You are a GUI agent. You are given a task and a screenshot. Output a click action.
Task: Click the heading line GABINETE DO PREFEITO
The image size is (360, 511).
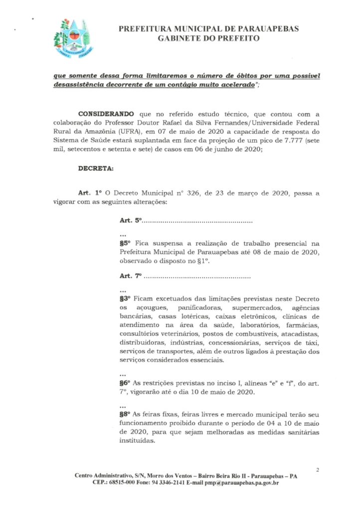point(208,38)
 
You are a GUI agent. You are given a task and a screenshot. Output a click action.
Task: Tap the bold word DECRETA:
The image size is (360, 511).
point(96,168)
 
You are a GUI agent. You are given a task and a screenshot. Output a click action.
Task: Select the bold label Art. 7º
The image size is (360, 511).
point(131,276)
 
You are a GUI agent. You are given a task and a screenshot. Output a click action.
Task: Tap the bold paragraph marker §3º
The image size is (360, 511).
point(125,298)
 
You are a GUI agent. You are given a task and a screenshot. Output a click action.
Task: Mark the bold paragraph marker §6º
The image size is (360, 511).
point(125,383)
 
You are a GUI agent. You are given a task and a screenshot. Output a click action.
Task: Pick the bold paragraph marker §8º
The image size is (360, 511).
point(125,414)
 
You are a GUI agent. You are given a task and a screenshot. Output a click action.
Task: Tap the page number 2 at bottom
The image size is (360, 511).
point(317,470)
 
